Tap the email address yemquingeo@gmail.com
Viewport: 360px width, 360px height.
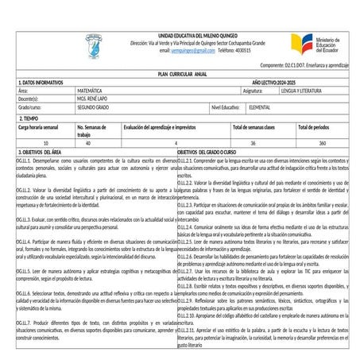click(187, 50)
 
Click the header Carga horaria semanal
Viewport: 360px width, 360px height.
click(38, 127)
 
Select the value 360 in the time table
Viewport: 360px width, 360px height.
click(322, 143)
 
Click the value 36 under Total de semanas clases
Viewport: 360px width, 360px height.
click(253, 143)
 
